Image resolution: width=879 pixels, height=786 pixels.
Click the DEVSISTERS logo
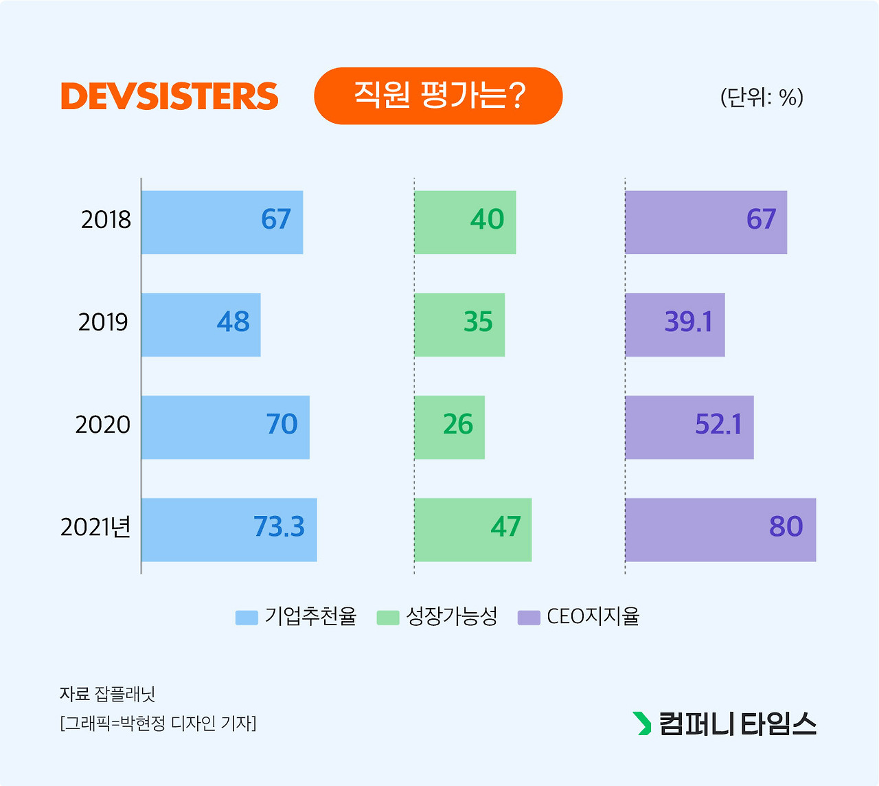170,96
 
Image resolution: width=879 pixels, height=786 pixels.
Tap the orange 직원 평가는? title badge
438,96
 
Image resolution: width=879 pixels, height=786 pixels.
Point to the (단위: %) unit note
762,98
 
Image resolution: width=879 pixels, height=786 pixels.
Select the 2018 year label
106,220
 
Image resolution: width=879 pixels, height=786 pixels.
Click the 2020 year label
103,425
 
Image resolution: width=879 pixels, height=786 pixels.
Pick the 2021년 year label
95,527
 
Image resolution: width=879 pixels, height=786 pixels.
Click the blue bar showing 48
201,325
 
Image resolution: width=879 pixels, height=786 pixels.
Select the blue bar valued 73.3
229,530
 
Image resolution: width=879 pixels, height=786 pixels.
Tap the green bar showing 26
450,427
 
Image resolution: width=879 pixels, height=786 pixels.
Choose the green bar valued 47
473,530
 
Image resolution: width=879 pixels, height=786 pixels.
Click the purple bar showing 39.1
674,325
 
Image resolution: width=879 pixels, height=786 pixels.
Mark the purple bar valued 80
720,530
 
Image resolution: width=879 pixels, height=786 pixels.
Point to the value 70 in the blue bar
282,425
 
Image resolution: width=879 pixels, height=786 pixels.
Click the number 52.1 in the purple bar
718,425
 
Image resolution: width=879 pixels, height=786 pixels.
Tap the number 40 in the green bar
488,220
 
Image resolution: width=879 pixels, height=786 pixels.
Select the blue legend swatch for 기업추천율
247,617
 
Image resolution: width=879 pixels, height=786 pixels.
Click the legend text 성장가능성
452,616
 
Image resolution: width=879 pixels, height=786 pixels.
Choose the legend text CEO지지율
593,616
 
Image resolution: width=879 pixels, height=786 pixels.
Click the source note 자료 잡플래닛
108,694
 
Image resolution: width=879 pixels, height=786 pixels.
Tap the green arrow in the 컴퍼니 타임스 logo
642,723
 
